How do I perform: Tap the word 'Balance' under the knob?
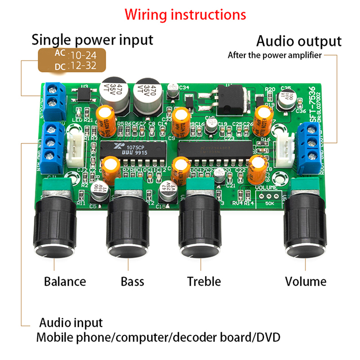coord(65,282)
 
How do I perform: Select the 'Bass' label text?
coord(132,282)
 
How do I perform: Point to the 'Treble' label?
coord(204,282)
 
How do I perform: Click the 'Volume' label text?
coord(306,282)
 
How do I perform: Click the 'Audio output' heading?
coord(299,41)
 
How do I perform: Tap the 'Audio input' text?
coord(71,323)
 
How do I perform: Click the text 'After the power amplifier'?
coord(274,56)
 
